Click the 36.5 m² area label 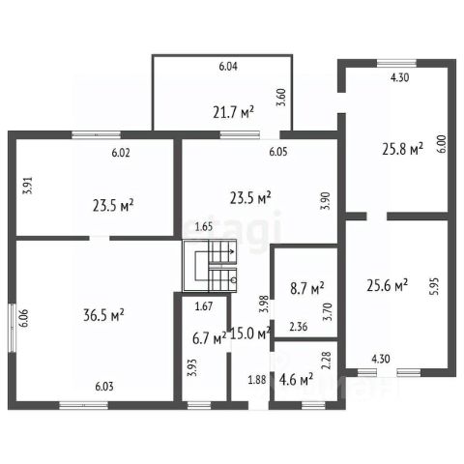103,315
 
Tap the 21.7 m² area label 233,112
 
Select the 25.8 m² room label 402,149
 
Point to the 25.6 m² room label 388,285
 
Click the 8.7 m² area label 307,288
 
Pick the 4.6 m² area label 296,380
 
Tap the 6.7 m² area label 209,338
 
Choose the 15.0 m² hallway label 250,333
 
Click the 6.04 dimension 228,67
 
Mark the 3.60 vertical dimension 282,98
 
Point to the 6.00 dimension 443,144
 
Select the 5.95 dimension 435,286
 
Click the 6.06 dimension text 25,318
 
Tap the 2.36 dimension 299,327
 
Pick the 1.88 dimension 257,380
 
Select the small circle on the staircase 234,280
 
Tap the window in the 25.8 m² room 396,63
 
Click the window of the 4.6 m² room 313,405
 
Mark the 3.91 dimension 29,186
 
